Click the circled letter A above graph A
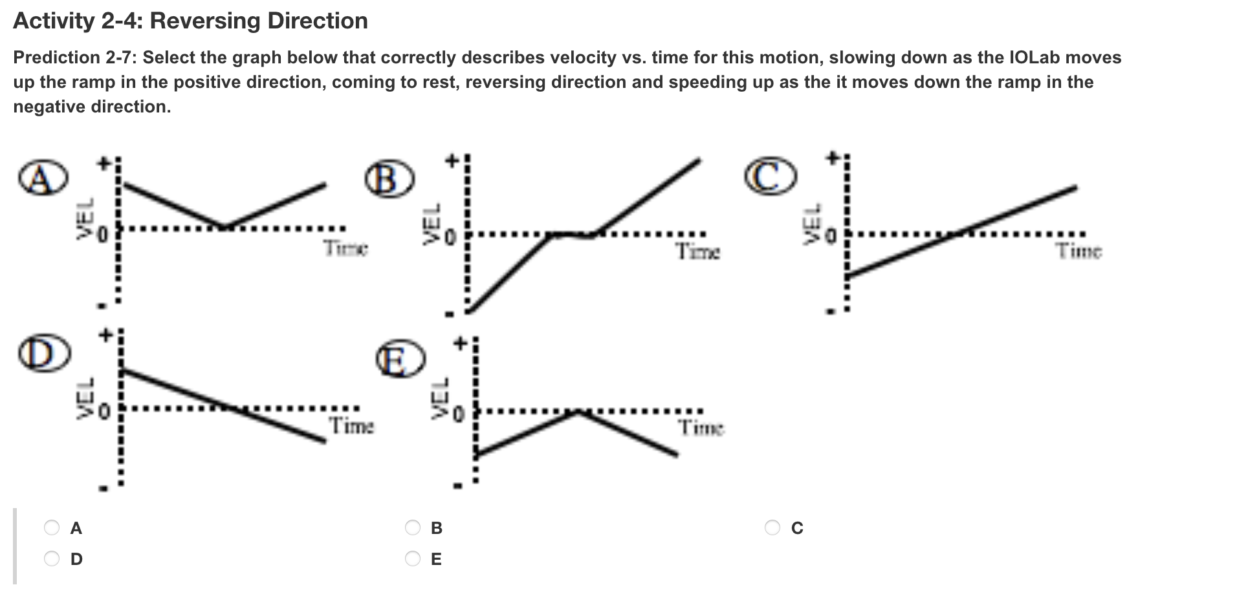[41, 179]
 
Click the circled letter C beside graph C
[770, 178]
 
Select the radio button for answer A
[52, 528]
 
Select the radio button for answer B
[413, 528]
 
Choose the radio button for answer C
[772, 528]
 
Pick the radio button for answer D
[52, 559]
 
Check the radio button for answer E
[413, 559]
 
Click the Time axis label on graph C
[1079, 251]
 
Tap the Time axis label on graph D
[351, 426]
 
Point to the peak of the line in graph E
[578, 411]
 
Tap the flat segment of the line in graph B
[571, 235]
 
